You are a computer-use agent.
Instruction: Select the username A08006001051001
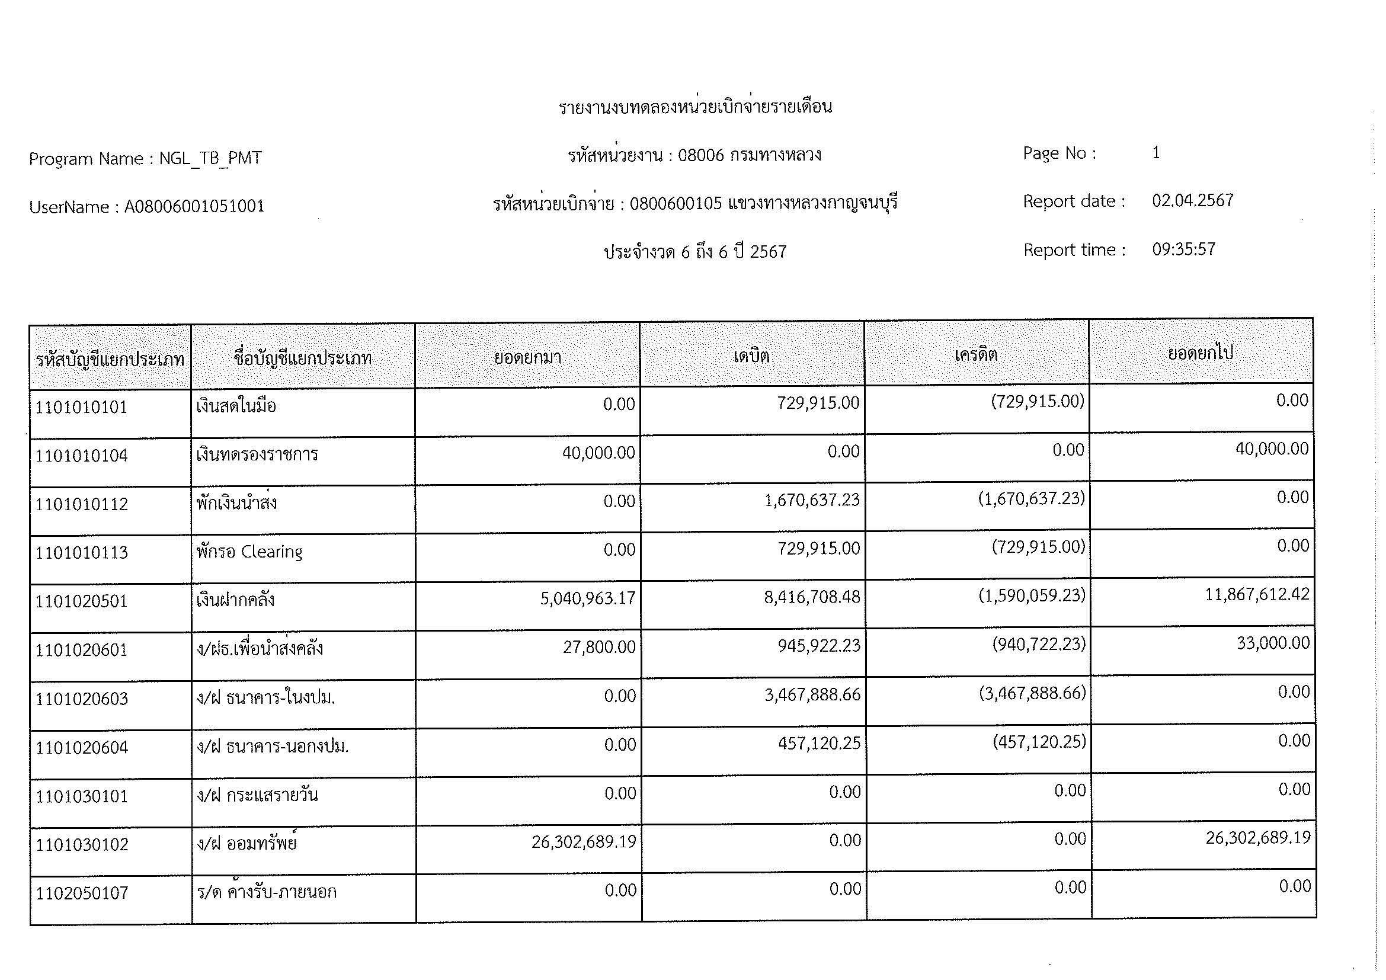(x=194, y=206)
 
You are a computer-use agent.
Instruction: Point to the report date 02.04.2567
(x=1192, y=200)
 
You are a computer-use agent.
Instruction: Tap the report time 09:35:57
(x=1183, y=249)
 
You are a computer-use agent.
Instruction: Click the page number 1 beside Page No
(x=1155, y=153)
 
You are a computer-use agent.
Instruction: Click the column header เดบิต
(x=751, y=356)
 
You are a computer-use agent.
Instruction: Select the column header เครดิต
(x=975, y=354)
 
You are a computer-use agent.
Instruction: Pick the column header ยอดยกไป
(x=1200, y=353)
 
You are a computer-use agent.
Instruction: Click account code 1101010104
(x=82, y=456)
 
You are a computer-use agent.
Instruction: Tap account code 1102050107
(x=82, y=893)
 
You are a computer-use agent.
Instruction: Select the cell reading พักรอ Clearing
(x=249, y=552)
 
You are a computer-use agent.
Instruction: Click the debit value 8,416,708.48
(x=811, y=597)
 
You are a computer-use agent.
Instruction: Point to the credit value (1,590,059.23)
(x=1032, y=595)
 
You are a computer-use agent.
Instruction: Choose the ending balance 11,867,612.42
(x=1257, y=594)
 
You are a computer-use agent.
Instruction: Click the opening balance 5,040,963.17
(x=587, y=598)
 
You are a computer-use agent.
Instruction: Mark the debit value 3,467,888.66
(x=812, y=694)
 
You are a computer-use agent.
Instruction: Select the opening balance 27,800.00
(x=599, y=648)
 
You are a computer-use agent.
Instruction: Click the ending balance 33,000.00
(x=1272, y=643)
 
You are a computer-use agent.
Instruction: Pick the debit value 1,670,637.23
(x=811, y=500)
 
